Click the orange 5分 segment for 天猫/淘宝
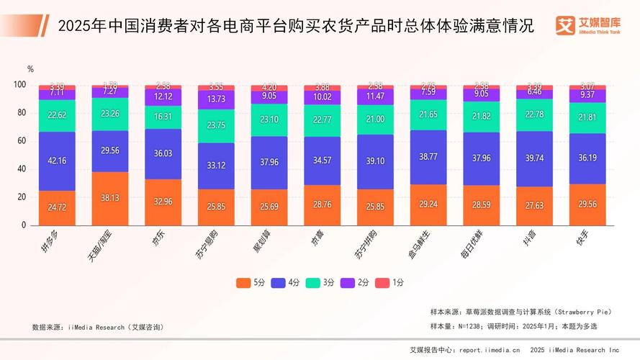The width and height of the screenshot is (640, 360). pos(110,198)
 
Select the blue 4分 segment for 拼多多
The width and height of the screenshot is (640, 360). pos(57,161)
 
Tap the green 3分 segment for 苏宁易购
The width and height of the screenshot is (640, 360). pos(217,124)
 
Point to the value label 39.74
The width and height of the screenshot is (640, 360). pos(535,158)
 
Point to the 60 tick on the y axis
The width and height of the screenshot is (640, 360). pos(19,141)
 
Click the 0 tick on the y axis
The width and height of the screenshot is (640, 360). pos(23,225)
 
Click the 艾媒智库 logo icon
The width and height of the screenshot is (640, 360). pos(564,24)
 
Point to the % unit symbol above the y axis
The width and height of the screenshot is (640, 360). pos(30,69)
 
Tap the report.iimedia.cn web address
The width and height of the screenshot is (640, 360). pos(490,350)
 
